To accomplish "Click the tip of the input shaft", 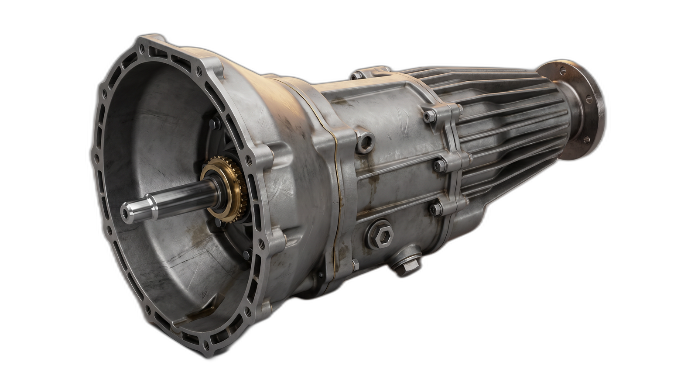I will coord(126,212).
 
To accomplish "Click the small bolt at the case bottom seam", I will coord(356,263).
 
